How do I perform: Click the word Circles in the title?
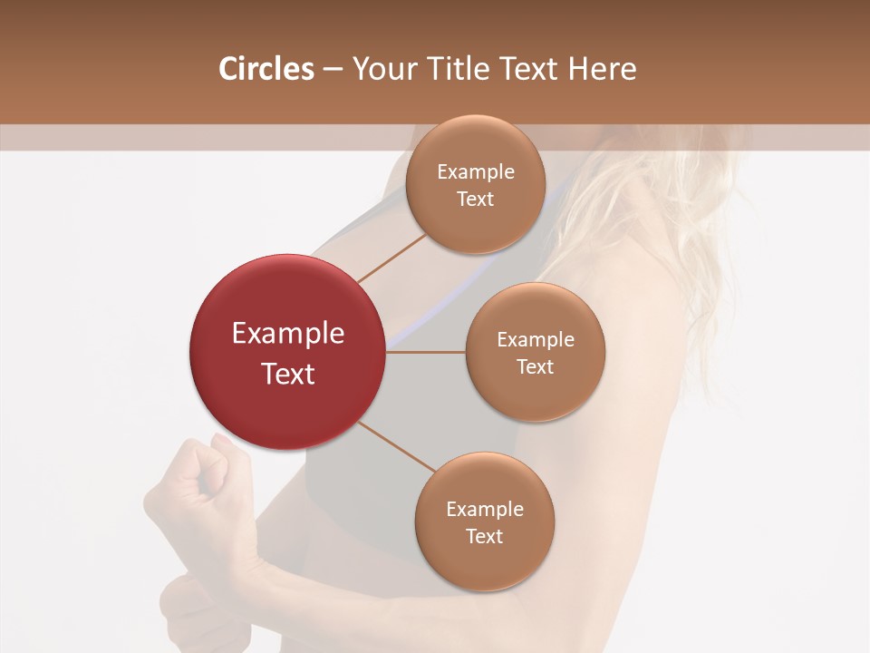click(266, 69)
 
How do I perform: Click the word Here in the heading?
click(602, 69)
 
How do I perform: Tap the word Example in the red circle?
click(288, 334)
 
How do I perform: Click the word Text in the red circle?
click(288, 374)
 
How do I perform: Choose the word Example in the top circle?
click(475, 172)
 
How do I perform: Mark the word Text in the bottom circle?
click(484, 536)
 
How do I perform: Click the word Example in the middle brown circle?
click(535, 340)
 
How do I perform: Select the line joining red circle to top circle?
click(391, 258)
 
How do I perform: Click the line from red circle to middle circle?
click(426, 351)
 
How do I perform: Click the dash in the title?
click(333, 70)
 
